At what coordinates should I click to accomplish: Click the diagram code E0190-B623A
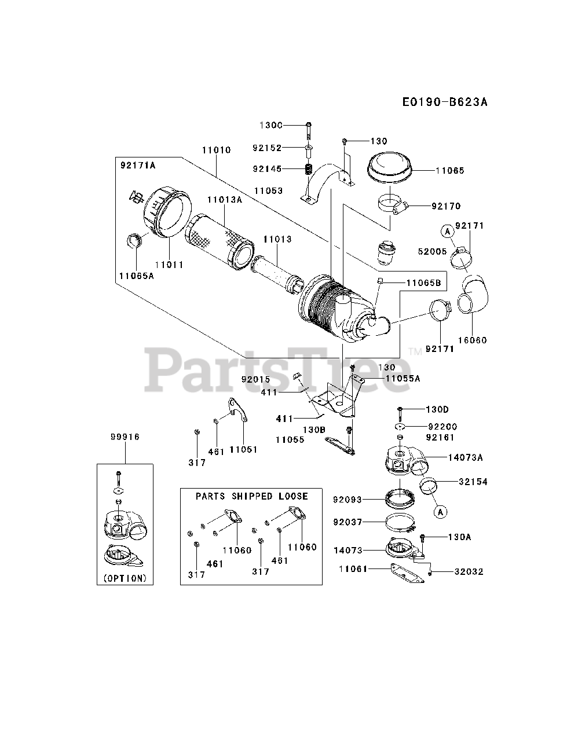pyautogui.click(x=445, y=102)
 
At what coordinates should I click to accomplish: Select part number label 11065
pyautogui.click(x=450, y=171)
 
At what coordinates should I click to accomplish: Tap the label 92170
pyautogui.click(x=447, y=206)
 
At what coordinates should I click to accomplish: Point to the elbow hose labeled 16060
pyautogui.click(x=475, y=295)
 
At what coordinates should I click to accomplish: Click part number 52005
pyautogui.click(x=432, y=251)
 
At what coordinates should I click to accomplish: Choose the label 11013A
pyautogui.click(x=224, y=200)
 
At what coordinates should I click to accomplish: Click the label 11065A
pyautogui.click(x=137, y=276)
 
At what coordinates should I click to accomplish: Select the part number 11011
pyautogui.click(x=169, y=265)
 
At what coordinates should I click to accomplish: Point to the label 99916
pyautogui.click(x=125, y=437)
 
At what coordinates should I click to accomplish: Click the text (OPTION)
pyautogui.click(x=125, y=578)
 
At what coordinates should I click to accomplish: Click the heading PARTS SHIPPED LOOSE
pyautogui.click(x=251, y=496)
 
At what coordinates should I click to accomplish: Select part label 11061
pyautogui.click(x=353, y=569)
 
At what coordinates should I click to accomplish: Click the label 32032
pyautogui.click(x=469, y=572)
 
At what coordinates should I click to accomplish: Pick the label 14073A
pyautogui.click(x=465, y=457)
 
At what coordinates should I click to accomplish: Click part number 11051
pyautogui.click(x=243, y=449)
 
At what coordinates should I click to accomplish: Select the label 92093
pyautogui.click(x=348, y=498)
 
